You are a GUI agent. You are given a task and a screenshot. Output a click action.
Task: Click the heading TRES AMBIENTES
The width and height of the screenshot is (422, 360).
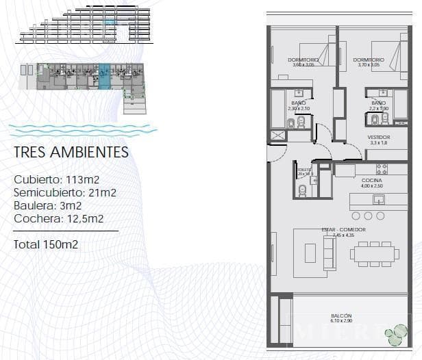point(71,152)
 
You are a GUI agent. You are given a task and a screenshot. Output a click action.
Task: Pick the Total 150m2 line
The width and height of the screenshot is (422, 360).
point(46,244)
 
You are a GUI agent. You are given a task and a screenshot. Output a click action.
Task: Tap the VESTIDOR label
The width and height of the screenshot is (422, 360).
point(379,137)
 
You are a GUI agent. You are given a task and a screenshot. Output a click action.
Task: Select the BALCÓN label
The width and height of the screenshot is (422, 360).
point(340,316)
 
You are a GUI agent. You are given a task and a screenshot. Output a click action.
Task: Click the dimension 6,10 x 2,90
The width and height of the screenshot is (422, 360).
point(340,321)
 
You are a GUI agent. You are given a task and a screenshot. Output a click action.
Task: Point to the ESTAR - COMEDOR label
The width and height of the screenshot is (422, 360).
point(344,229)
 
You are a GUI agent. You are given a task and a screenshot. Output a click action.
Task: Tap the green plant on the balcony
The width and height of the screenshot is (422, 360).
point(395,334)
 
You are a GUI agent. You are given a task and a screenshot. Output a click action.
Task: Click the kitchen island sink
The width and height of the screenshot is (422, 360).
point(377,199)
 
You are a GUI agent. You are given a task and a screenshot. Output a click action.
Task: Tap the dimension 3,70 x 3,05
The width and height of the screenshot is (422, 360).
point(369,65)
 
